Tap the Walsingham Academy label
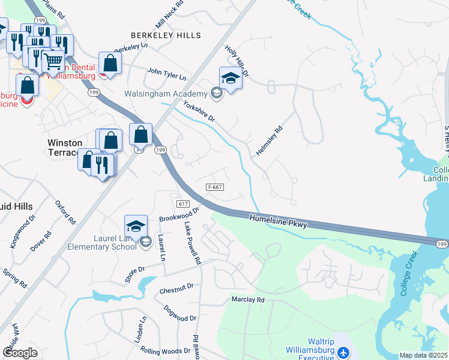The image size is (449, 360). click(164, 94)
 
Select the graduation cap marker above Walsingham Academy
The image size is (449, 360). click(230, 77)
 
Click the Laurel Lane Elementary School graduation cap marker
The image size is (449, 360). click(136, 226)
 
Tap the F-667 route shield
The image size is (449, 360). click(215, 187)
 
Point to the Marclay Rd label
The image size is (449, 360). click(248, 299)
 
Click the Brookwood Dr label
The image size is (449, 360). click(179, 214)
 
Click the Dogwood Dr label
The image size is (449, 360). click(180, 313)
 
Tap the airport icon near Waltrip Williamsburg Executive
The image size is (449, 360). click(342, 352)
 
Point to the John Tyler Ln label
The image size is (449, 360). click(167, 75)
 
